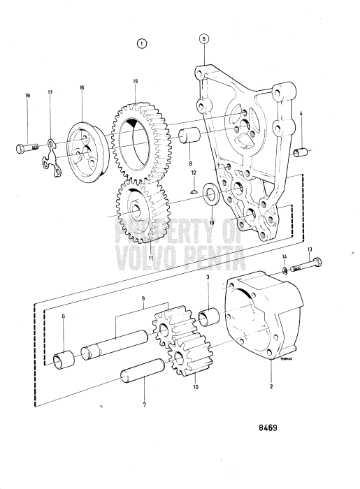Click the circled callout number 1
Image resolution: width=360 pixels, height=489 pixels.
(143, 43)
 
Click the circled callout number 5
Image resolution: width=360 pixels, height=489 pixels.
(203, 39)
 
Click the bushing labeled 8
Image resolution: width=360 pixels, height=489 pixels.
(190, 136)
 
